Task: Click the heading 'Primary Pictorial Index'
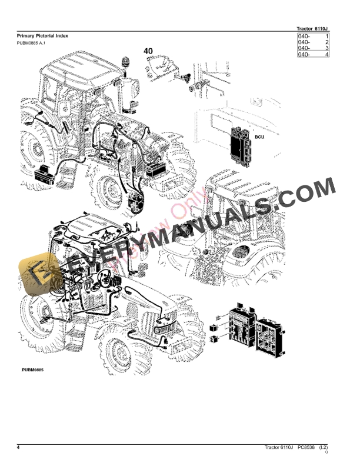coord(42,36)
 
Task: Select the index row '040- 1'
coord(312,37)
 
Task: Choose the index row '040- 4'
coord(312,55)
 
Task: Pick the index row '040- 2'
coord(312,43)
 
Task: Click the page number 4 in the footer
coord(19,449)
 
